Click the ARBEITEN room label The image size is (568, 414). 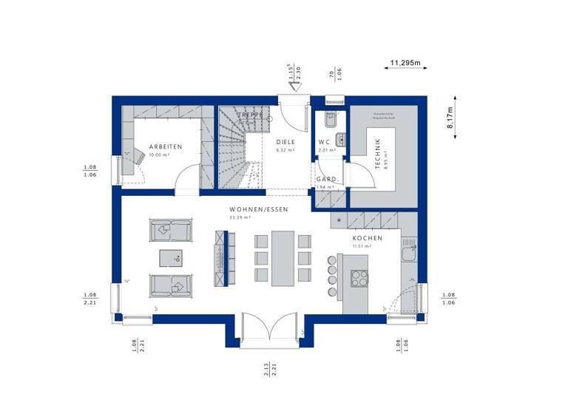coord(165,146)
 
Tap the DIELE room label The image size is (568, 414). coord(285,141)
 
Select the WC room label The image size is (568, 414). coord(324,141)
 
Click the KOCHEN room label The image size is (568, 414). coord(367,238)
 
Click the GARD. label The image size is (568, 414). coord(326,179)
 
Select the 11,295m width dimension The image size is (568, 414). coord(405,63)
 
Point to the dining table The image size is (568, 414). coord(282,257)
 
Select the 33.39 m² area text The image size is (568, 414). coord(240,218)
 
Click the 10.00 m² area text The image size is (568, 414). coord(158,155)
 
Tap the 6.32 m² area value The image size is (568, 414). coord(285,150)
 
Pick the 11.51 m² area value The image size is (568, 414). coord(362,246)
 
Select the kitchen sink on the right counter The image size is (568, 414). coord(408,254)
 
